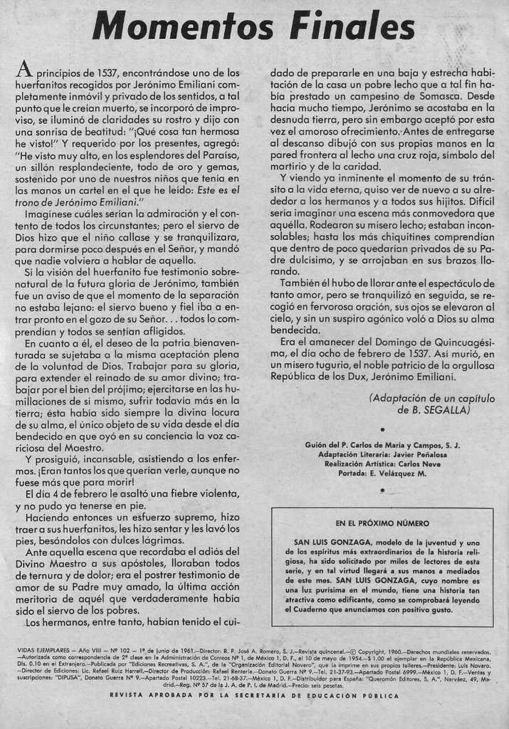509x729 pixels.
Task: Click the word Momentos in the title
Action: pyautogui.click(x=183, y=26)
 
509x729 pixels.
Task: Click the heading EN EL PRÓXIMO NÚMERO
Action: pyautogui.click(x=382, y=523)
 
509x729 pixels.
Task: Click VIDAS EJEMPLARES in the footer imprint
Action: pyautogui.click(x=43, y=651)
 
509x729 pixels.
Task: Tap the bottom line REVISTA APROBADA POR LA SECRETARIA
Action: pyautogui.click(x=255, y=696)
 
